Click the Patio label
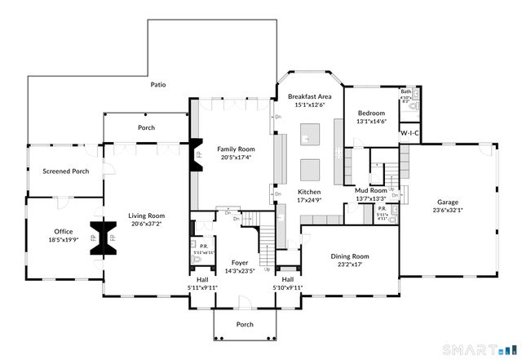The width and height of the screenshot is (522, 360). coord(158,84)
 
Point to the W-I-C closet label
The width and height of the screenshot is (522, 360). coord(409,133)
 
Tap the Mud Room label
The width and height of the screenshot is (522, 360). coord(370,190)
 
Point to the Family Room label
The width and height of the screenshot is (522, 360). coord(236,149)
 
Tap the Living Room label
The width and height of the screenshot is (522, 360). coord(146,216)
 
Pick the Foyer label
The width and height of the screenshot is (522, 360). coord(239,263)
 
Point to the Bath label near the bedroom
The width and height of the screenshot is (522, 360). coord(405,92)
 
